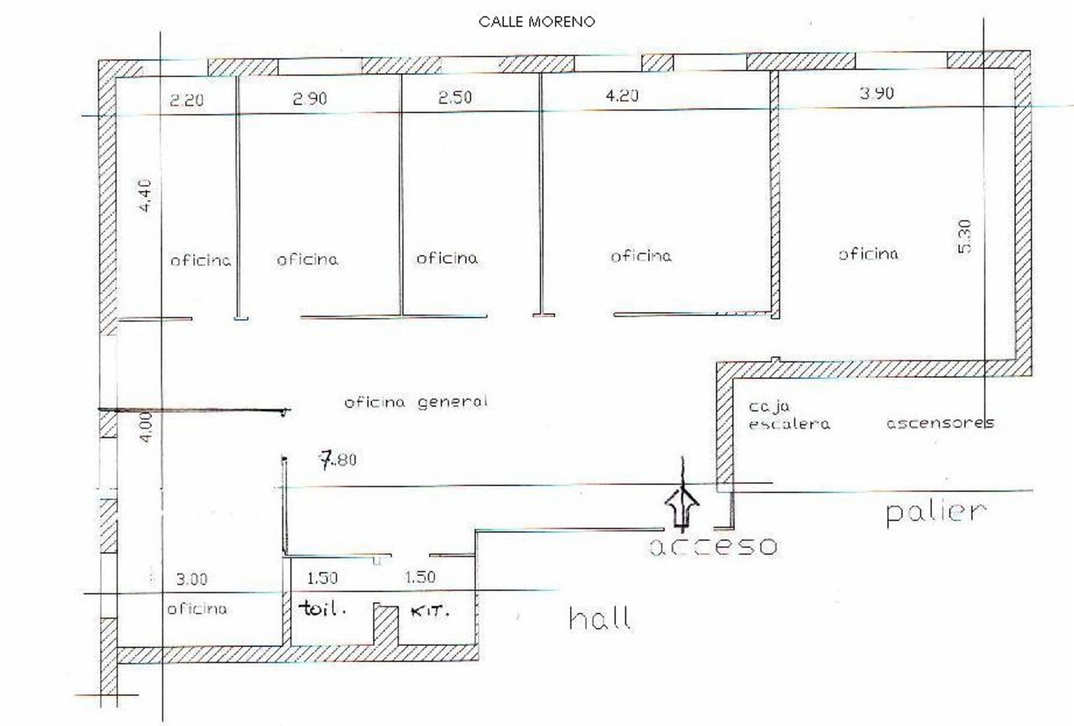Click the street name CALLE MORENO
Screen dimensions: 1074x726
click(x=537, y=22)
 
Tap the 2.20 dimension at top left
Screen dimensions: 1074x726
click(x=187, y=100)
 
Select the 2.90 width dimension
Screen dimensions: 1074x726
click(x=310, y=98)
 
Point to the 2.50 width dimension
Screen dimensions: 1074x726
click(x=455, y=97)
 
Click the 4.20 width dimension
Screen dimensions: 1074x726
click(x=622, y=95)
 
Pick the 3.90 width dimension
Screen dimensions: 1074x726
click(x=877, y=93)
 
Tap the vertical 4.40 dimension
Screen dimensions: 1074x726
click(x=145, y=196)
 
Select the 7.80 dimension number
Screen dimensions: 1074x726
click(x=338, y=460)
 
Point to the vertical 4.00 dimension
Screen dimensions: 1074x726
click(x=146, y=427)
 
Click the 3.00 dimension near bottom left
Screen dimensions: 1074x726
click(x=191, y=579)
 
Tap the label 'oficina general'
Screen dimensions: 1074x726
click(x=416, y=402)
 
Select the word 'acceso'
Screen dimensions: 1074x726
click(x=713, y=547)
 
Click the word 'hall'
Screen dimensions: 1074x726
click(x=600, y=618)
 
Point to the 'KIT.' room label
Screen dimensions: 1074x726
click(x=430, y=612)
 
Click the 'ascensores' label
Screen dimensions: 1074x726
click(x=940, y=423)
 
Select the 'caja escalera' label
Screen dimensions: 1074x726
click(x=789, y=415)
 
